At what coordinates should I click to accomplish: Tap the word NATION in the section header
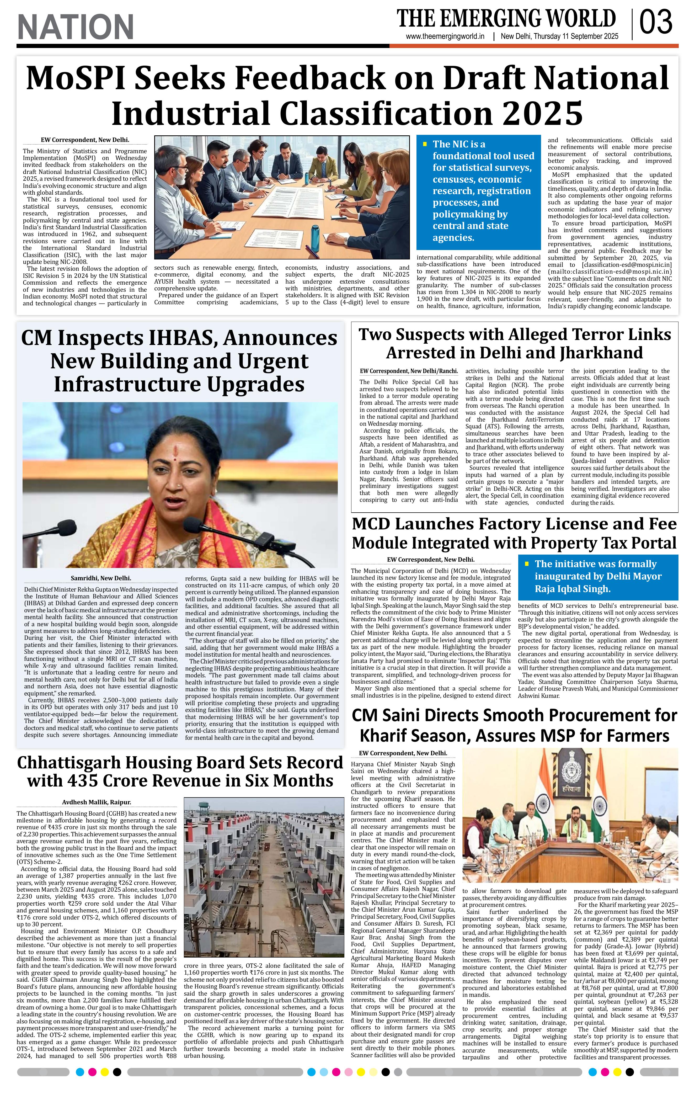click(76, 27)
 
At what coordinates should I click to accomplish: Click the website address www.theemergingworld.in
click(445, 37)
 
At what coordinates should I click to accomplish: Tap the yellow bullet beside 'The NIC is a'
click(425, 144)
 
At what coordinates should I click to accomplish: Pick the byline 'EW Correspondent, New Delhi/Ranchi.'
click(408, 371)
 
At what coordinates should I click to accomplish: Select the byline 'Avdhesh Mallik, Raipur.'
click(96, 802)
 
